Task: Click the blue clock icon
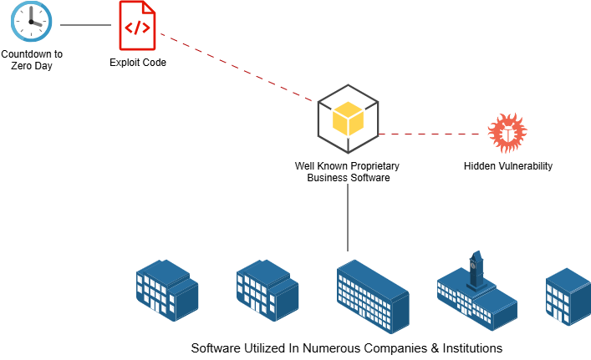31,22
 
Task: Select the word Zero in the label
22,66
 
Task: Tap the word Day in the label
44,66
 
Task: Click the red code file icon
137,25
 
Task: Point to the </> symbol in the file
137,28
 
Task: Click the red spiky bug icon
507,133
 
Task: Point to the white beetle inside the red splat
507,133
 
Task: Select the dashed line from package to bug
432,134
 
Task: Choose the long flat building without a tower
373,297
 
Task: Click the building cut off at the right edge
568,296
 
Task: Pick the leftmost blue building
167,290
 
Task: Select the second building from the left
267,290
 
